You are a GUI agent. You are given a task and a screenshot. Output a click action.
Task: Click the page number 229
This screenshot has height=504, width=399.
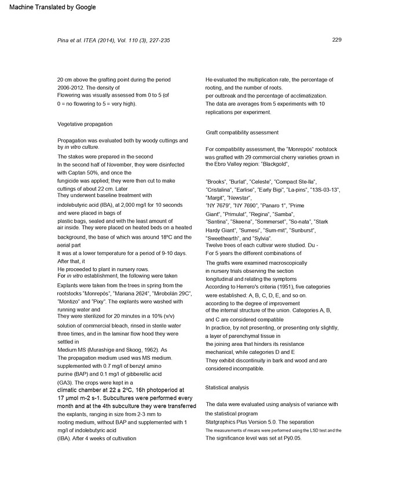[x=336, y=39]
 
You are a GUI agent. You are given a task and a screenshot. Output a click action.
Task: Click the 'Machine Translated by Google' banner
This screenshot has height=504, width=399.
[x=48, y=7]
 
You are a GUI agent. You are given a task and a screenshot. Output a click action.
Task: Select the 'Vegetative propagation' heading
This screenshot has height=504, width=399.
[x=85, y=124]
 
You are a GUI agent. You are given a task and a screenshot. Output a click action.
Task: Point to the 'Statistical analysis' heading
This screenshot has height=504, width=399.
[x=227, y=387]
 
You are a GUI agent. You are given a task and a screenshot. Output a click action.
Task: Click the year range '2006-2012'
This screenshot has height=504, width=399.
[x=71, y=87]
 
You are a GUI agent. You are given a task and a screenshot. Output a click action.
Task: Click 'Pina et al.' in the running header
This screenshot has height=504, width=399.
[x=71, y=41]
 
